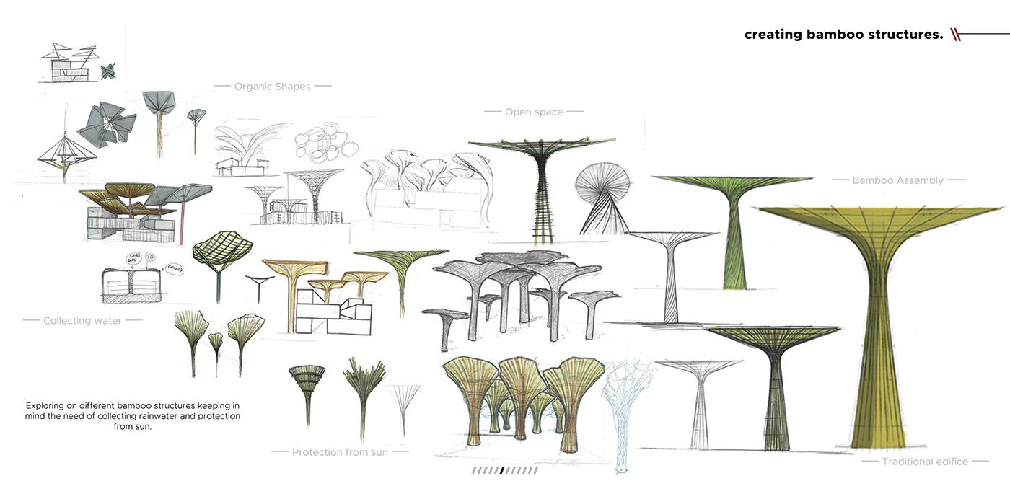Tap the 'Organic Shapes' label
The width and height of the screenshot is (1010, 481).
(272, 87)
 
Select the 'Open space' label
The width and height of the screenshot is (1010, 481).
(534, 112)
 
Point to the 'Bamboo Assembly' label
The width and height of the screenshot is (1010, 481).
(897, 180)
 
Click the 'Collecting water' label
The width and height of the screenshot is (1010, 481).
(82, 320)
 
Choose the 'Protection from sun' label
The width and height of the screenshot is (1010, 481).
(340, 452)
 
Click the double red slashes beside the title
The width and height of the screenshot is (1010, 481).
(956, 34)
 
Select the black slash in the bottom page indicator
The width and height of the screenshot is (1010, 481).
(502, 470)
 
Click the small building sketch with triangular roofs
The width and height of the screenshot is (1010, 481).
(70, 63)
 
